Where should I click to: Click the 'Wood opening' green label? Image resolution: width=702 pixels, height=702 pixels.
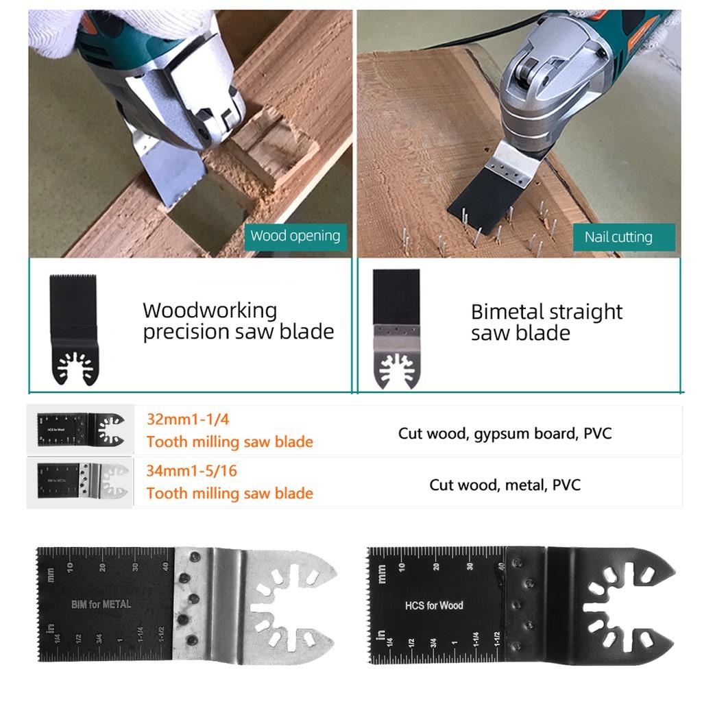click(x=295, y=237)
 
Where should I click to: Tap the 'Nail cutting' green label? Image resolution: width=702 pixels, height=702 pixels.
click(x=618, y=237)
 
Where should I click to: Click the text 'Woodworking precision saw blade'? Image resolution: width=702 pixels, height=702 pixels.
click(x=238, y=321)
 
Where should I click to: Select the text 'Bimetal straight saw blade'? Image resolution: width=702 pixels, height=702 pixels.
click(x=546, y=322)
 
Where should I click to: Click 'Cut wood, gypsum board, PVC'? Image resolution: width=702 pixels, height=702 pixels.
click(x=505, y=433)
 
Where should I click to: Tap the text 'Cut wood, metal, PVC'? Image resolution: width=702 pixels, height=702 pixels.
click(x=505, y=485)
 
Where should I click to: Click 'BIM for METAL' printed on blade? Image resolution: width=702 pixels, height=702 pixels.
click(x=101, y=605)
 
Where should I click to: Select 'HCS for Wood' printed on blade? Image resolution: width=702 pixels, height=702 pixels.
click(x=433, y=605)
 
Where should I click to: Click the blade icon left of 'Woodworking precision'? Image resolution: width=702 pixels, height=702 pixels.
click(x=73, y=330)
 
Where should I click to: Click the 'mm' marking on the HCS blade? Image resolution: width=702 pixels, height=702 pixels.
click(x=381, y=574)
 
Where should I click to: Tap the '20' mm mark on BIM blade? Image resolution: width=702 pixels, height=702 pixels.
click(x=103, y=567)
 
